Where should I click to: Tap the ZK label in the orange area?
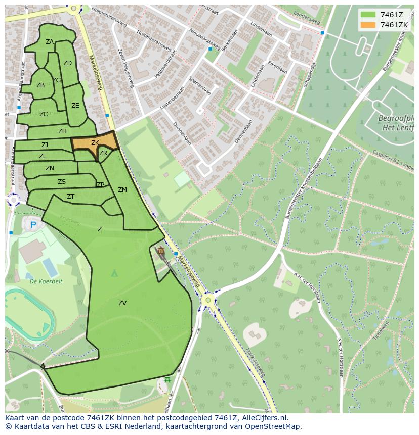tap(95, 143)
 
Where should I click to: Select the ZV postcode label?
tap(122, 303)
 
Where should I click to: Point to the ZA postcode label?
tap(50, 42)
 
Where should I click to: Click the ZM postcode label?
tap(122, 190)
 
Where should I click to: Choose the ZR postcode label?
tap(103, 153)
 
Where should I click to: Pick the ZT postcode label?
tap(71, 197)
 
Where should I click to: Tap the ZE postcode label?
tap(75, 106)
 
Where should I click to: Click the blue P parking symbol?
tap(33, 225)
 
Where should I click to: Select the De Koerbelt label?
tap(46, 281)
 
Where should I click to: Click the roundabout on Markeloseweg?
tap(207, 301)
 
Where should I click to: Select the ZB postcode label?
tap(40, 85)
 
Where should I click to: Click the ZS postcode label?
tap(62, 182)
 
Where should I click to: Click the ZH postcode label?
tap(62, 131)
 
